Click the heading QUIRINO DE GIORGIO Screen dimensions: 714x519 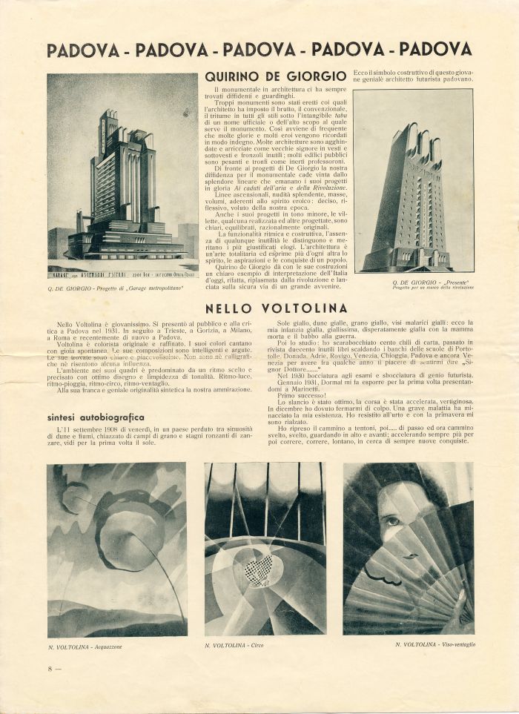(275, 76)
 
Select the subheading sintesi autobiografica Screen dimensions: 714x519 (95, 417)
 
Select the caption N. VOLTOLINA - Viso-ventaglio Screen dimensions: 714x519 (435, 644)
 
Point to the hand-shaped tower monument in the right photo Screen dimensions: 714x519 (411, 193)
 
